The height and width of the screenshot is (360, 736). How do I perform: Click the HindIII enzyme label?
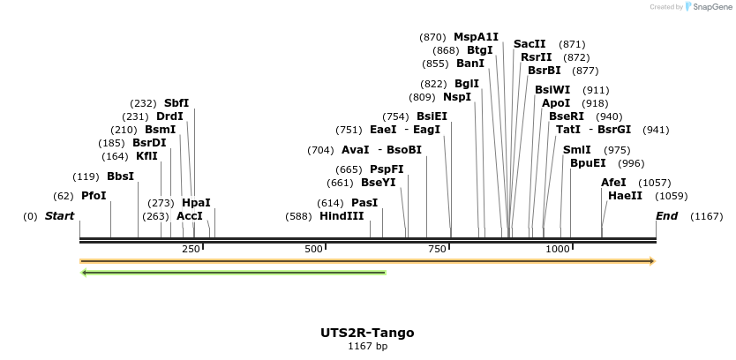tap(342, 216)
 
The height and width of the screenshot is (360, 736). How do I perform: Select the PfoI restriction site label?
tap(94, 196)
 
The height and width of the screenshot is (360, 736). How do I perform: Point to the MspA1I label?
tap(476, 37)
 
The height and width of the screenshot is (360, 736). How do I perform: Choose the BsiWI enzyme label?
tap(552, 90)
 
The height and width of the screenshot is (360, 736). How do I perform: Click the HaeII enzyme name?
tap(625, 196)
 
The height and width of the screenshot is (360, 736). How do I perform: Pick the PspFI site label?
tap(387, 169)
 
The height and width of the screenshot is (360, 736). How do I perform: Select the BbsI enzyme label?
tap(120, 176)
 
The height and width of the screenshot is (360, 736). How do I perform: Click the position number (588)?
tap(298, 216)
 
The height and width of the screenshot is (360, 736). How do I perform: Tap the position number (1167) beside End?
tap(706, 216)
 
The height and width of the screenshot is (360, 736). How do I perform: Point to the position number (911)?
tap(596, 90)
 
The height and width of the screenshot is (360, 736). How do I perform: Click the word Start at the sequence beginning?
tap(59, 216)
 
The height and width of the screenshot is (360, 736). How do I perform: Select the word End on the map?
tap(666, 216)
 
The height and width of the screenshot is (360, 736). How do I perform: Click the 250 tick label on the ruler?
tap(192, 250)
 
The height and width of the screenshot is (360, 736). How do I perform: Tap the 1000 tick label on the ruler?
tap(558, 250)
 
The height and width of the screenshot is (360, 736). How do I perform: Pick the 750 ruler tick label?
tap(437, 250)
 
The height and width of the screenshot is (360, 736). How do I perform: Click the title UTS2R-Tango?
tap(367, 333)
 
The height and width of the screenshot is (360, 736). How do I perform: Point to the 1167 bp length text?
tap(367, 347)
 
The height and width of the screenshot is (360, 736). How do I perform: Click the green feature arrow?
tap(234, 273)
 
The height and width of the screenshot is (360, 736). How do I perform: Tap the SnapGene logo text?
tap(711, 7)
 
